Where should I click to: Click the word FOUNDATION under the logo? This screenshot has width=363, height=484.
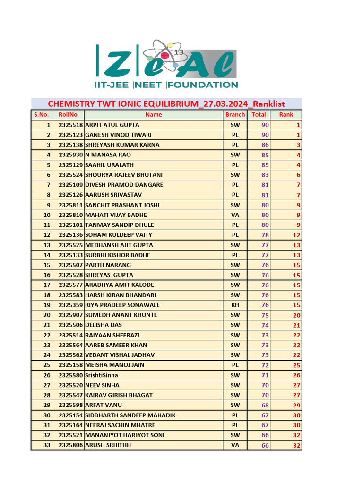pyautogui.click(x=204, y=85)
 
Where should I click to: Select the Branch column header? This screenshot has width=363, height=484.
pyautogui.click(x=235, y=114)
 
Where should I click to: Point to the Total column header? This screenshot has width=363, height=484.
pyautogui.click(x=259, y=114)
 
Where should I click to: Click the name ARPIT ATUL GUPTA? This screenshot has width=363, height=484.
pyautogui.click(x=112, y=125)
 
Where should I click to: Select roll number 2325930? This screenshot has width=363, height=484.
pyautogui.click(x=71, y=155)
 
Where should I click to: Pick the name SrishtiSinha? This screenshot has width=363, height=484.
pyautogui.click(x=102, y=375)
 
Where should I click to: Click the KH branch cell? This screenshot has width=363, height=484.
pyautogui.click(x=235, y=305)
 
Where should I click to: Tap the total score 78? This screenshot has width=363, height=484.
pyautogui.click(x=265, y=235)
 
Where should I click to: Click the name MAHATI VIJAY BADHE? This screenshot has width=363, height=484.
pyautogui.click(x=116, y=215)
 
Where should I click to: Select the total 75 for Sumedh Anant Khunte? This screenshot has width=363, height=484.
pyautogui.click(x=265, y=315)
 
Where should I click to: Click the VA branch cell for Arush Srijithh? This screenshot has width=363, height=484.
pyautogui.click(x=235, y=445)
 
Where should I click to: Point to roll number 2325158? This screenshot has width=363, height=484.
pyautogui.click(x=71, y=365)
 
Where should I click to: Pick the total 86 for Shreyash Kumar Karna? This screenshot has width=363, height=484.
pyautogui.click(x=265, y=145)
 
